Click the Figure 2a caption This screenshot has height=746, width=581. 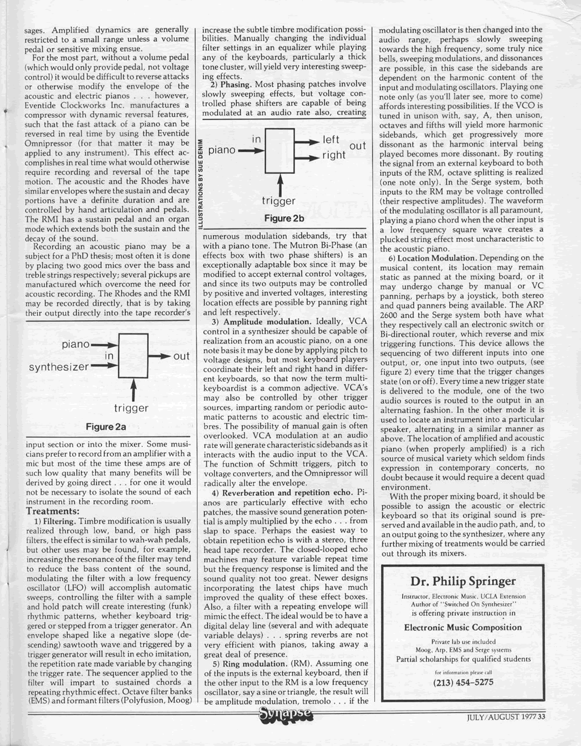(x=106, y=427)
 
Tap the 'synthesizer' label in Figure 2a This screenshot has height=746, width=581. (x=59, y=367)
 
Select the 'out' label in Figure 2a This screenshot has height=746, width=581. (x=181, y=356)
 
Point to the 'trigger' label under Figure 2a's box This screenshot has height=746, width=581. (x=131, y=408)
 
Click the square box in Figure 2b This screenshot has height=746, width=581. (x=281, y=150)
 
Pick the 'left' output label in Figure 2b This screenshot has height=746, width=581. (x=331, y=141)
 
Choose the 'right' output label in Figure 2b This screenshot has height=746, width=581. (x=334, y=156)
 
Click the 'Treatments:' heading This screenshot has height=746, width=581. (x=53, y=511)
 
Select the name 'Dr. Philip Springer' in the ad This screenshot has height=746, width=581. (x=462, y=581)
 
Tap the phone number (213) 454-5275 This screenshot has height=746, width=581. (x=463, y=682)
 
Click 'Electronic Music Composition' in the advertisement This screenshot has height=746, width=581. (x=462, y=627)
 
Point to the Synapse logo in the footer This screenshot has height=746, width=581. (x=285, y=716)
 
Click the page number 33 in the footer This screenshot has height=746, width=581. (x=541, y=716)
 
